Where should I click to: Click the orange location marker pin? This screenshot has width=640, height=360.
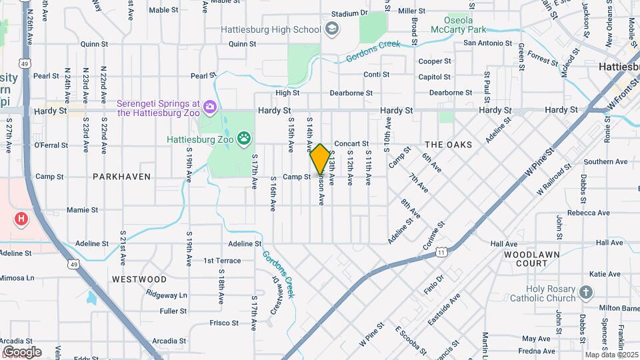pyautogui.click(x=320, y=159)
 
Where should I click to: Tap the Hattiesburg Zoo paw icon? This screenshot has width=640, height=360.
pyautogui.click(x=245, y=139)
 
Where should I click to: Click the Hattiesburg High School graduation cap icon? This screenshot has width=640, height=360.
pyautogui.click(x=332, y=29)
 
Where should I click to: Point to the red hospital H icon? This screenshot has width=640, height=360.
pyautogui.click(x=22, y=218)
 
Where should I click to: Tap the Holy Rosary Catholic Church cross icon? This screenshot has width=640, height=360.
pyautogui.click(x=585, y=291)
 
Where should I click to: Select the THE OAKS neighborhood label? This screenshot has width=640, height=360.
pyautogui.click(x=448, y=145)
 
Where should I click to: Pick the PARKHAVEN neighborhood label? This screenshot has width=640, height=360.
pyautogui.click(x=121, y=177)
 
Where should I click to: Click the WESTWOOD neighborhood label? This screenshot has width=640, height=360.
pyautogui.click(x=139, y=279)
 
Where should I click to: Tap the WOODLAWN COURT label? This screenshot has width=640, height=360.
pyautogui.click(x=527, y=259)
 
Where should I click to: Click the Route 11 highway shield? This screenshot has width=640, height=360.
pyautogui.click(x=441, y=252)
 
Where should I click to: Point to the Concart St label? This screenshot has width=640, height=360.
pyautogui.click(x=351, y=144)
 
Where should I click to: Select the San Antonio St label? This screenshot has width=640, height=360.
pyautogui.click(x=487, y=43)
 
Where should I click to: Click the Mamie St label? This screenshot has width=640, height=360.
pyautogui.click(x=83, y=210)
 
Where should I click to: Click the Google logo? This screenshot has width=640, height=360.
pyautogui.click(x=22, y=351)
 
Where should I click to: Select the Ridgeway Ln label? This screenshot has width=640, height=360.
pyautogui.click(x=167, y=295)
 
